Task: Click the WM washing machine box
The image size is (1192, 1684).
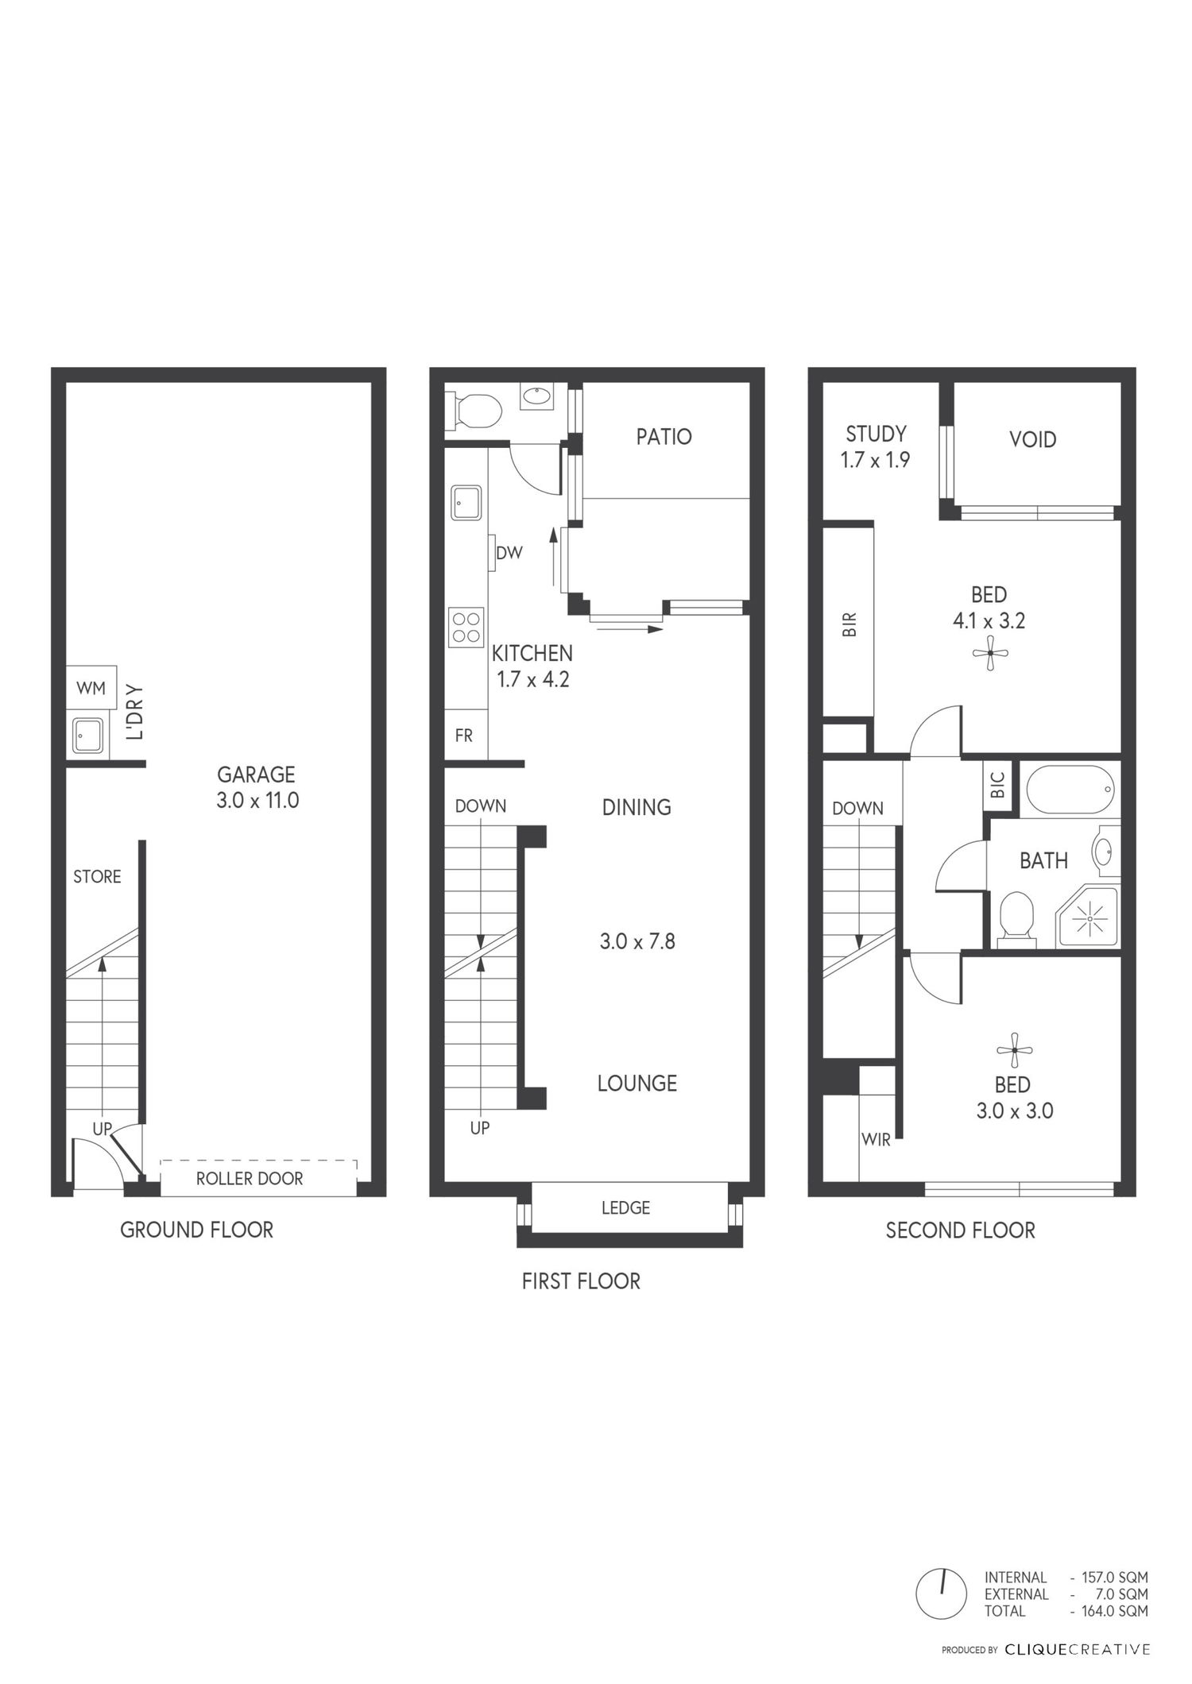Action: [x=91, y=688]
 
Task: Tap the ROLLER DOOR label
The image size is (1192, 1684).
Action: [x=250, y=1179]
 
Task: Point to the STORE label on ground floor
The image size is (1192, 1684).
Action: [x=97, y=876]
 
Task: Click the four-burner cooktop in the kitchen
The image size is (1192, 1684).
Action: [x=466, y=627]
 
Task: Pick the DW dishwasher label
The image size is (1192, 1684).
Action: [x=509, y=553]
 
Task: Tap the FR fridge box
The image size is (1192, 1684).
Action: [x=464, y=736]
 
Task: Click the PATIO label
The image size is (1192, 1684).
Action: [x=664, y=436]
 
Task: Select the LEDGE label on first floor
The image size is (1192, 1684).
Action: [x=625, y=1208]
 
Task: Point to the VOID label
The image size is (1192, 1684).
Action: [x=1032, y=439]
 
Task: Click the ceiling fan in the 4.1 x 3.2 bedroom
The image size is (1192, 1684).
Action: [x=990, y=654]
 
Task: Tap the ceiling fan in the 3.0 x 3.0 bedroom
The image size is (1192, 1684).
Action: [x=1014, y=1050]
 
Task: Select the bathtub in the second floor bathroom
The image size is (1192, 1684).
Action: [x=1070, y=789]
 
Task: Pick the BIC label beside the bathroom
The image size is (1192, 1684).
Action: [x=999, y=785]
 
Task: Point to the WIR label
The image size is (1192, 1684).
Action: [x=876, y=1140]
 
